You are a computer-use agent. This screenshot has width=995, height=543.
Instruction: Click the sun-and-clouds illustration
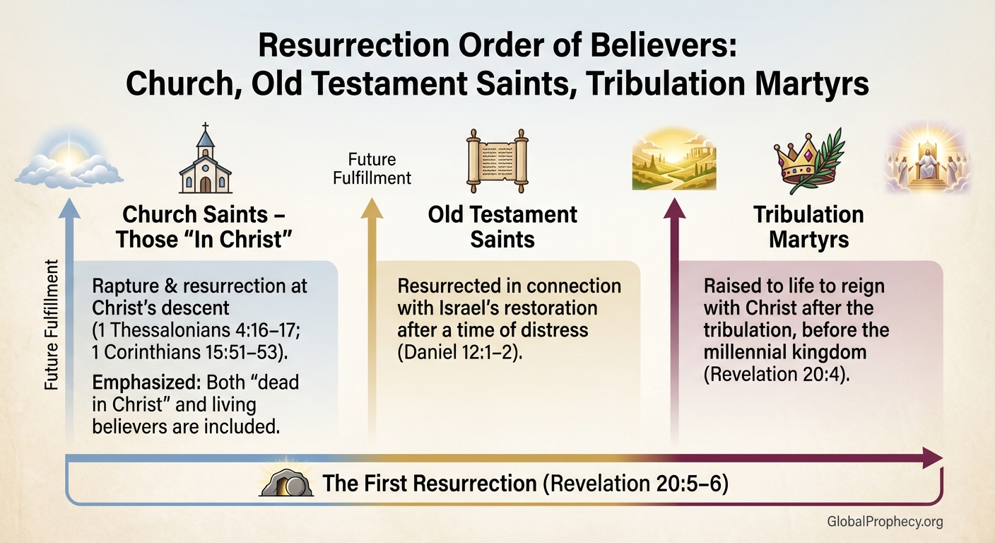pos(69,160)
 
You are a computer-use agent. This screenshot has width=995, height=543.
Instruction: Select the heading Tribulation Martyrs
pos(808,226)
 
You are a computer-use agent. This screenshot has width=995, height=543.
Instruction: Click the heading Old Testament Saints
pos(502,226)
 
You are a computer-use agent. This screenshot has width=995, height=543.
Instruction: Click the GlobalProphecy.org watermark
pos(884,522)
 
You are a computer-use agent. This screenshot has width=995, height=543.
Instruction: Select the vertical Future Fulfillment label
pos(52,325)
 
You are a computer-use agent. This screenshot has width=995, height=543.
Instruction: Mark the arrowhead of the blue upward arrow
pos(69,208)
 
